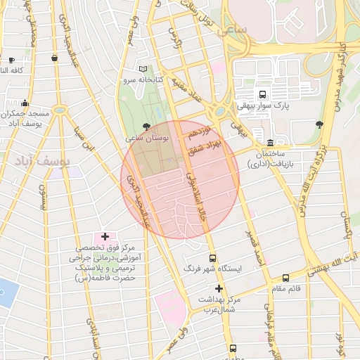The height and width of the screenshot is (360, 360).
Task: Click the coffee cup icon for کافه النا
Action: point(11,60)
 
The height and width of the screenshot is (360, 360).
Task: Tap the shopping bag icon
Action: point(55,58)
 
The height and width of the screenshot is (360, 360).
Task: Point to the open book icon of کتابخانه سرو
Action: point(143,69)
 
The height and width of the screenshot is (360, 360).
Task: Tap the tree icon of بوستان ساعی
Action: point(146,127)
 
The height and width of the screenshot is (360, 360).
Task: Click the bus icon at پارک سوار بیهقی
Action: point(262,94)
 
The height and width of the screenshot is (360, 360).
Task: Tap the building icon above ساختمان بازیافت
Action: point(271,143)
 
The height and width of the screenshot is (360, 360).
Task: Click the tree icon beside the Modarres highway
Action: point(320,124)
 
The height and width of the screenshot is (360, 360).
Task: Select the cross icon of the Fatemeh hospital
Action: point(105,236)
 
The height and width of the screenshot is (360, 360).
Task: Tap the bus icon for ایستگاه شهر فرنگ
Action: point(212,258)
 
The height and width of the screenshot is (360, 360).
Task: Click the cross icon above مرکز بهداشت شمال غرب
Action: point(219,288)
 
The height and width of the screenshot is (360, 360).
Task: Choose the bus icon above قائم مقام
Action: point(285,278)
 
